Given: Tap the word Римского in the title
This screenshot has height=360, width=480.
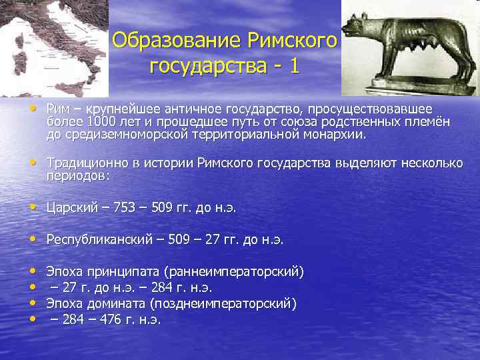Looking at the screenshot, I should [293, 41].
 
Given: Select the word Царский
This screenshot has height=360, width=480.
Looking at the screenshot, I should [70, 208].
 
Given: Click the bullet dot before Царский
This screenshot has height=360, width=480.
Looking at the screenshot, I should [33, 208].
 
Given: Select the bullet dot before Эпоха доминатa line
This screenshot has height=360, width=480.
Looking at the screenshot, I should [33, 304].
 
